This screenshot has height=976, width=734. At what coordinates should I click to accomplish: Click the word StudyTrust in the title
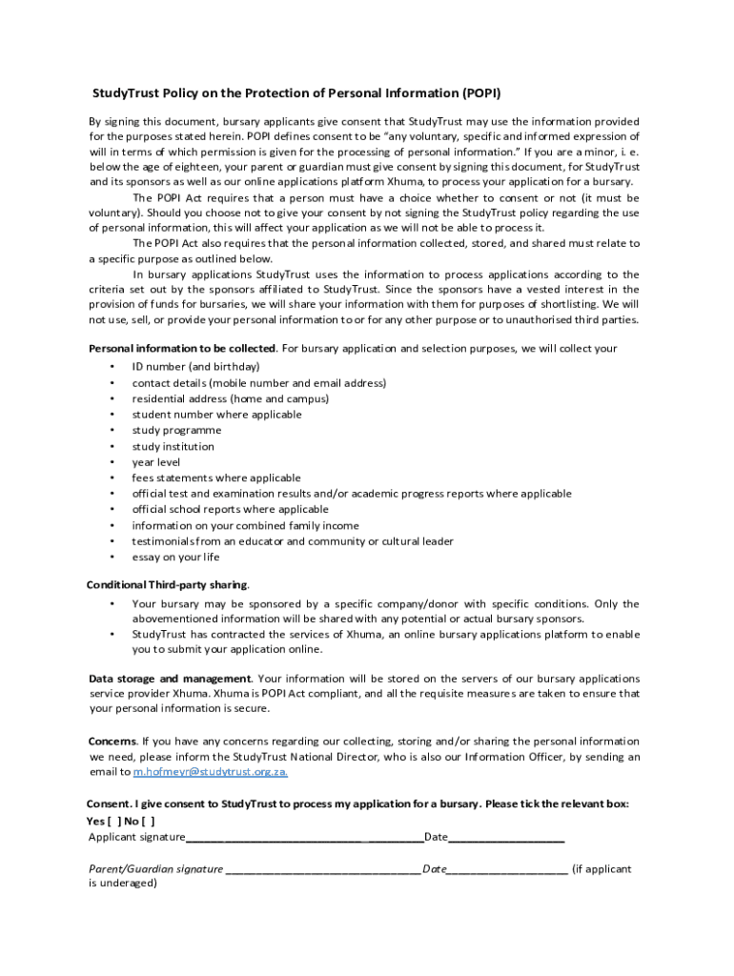[x=124, y=93]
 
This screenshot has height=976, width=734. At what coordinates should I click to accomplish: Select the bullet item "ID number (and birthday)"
[x=195, y=367]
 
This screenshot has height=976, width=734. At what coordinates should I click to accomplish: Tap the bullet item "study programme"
[x=176, y=430]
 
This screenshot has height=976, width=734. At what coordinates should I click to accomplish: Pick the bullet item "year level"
[x=155, y=462]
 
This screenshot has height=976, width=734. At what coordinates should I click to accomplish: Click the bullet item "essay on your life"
[x=175, y=558]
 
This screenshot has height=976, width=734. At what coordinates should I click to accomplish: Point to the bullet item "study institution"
[x=173, y=446]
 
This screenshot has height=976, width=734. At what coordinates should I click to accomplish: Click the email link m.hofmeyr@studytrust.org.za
[x=210, y=772]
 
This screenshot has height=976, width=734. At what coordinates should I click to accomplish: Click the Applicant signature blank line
[x=304, y=838]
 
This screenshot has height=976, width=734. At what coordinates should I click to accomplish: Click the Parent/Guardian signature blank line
[x=323, y=869]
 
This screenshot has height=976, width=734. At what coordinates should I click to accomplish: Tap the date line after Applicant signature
[x=506, y=838]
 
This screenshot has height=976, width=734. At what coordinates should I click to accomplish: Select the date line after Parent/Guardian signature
[x=507, y=869]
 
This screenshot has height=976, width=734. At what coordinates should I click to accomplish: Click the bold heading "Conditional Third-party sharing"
[x=168, y=584]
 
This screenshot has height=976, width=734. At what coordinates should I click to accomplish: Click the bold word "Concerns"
[x=112, y=741]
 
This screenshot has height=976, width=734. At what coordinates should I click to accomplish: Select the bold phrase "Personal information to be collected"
[x=182, y=348]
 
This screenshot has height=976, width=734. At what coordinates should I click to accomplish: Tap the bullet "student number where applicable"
[x=216, y=415]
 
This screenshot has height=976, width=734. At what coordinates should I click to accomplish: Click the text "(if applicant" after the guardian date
[x=601, y=869]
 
